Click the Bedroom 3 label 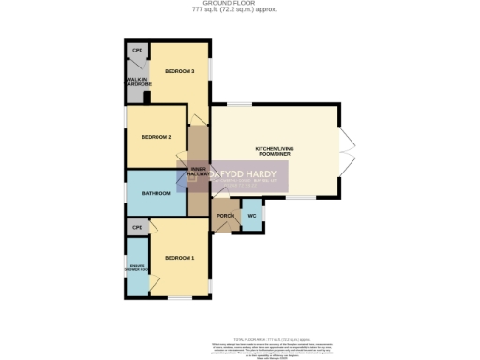179,72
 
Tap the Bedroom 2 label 155,137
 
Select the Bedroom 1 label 179,258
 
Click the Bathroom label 156,193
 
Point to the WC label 252,217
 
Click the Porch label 225,217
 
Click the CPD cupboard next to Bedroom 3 137,51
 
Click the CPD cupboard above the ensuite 137,227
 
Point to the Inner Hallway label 198,172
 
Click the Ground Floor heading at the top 240,4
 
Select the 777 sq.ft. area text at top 240,10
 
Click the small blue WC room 252,217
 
